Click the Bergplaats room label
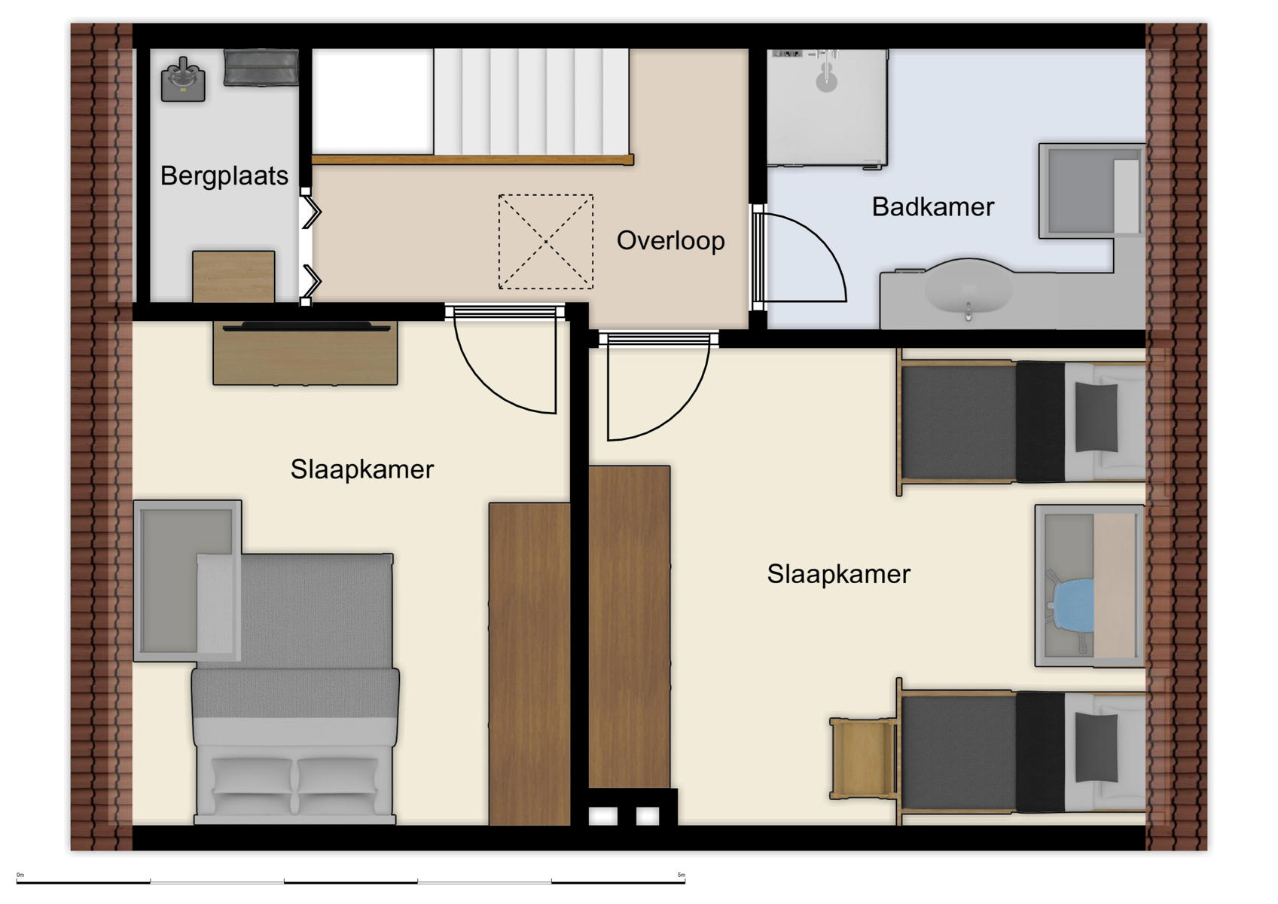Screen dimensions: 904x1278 (224, 176)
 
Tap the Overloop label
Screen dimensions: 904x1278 (670, 240)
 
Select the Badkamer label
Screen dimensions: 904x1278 (932, 206)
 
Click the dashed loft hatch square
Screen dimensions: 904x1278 (545, 242)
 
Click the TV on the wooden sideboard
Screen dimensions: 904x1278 (305, 327)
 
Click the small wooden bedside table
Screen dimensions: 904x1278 (862, 757)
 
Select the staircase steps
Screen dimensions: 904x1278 (531, 102)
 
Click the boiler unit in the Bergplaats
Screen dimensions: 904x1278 (183, 80)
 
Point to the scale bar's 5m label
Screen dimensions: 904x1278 (681, 875)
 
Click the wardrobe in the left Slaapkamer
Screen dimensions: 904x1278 (529, 663)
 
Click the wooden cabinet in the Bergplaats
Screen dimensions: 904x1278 (233, 276)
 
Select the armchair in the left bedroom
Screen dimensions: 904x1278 (188, 580)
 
